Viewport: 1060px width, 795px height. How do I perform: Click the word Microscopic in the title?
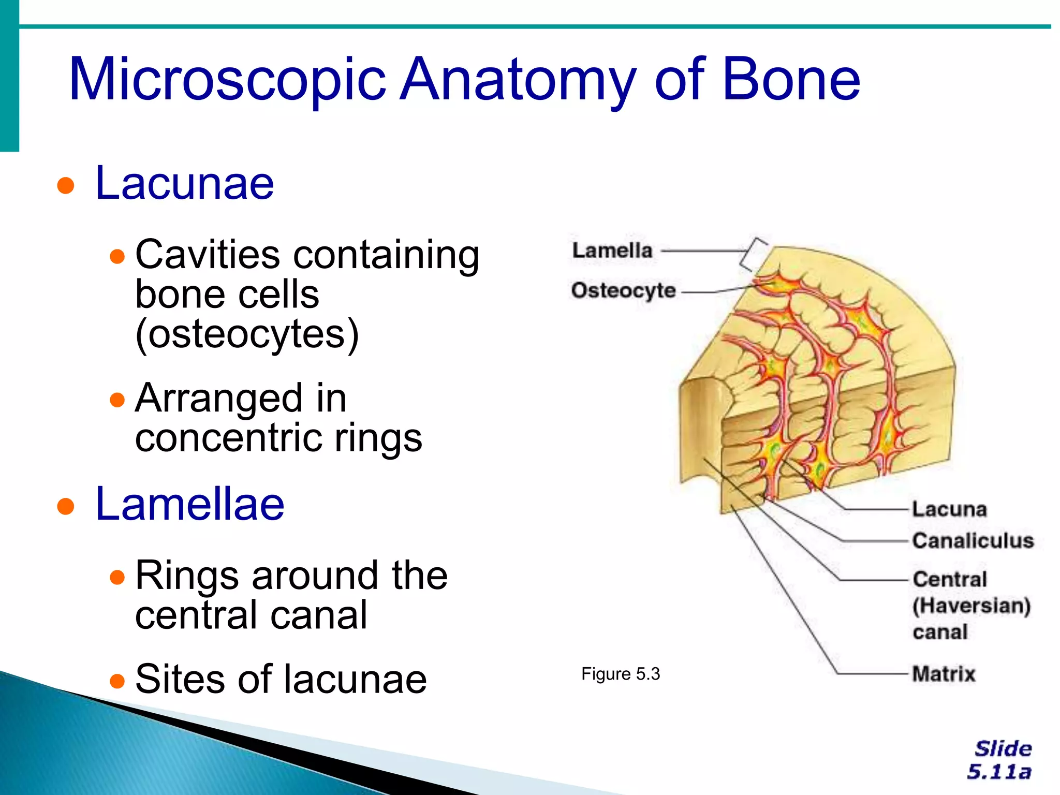pyautogui.click(x=228, y=80)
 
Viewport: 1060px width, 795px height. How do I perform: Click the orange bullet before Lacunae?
pyautogui.click(x=66, y=185)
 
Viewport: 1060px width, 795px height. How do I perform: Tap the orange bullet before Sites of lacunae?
pyautogui.click(x=118, y=681)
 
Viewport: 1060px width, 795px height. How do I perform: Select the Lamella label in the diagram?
pyautogui.click(x=612, y=251)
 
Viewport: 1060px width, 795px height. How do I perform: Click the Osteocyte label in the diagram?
pyautogui.click(x=623, y=290)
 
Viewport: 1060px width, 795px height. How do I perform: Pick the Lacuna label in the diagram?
pyautogui.click(x=949, y=509)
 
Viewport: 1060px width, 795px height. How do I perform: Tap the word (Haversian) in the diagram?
pyautogui.click(x=971, y=606)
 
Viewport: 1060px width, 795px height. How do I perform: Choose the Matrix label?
pyautogui.click(x=944, y=674)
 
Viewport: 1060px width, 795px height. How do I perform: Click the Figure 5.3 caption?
pyautogui.click(x=621, y=674)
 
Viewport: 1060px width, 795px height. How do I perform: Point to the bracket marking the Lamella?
pyautogui.click(x=754, y=254)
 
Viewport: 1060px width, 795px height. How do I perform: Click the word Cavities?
pyautogui.click(x=208, y=255)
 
